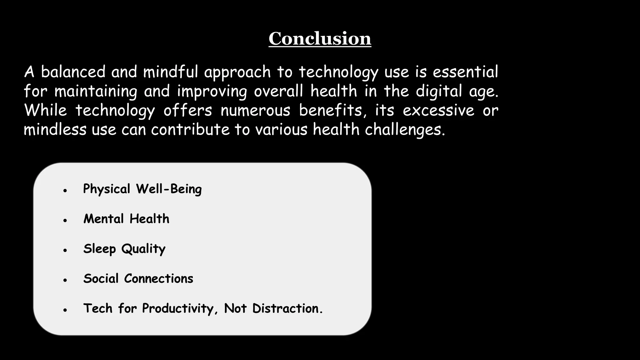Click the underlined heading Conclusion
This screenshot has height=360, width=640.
[320, 39]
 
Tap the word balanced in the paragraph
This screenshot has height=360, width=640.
[73, 72]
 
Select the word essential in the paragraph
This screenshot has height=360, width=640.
[465, 72]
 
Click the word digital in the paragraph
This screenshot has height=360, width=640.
[439, 92]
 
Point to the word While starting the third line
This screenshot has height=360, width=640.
[45, 110]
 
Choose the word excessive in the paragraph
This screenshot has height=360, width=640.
[438, 111]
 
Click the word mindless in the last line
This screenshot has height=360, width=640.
[55, 130]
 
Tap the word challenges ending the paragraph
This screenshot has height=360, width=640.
[405, 130]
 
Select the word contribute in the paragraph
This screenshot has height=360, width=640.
[190, 130]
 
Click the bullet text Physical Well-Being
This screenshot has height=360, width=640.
[142, 189]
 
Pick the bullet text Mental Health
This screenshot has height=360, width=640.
[126, 219]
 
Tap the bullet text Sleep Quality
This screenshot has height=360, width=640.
[124, 249]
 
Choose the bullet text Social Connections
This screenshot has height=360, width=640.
[138, 278]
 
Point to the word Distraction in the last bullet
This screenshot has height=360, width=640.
[287, 308]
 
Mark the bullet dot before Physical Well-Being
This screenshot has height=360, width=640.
[65, 190]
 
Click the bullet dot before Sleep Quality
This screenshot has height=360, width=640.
[65, 250]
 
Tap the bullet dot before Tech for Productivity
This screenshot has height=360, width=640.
[65, 310]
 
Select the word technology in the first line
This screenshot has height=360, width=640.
[338, 72]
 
